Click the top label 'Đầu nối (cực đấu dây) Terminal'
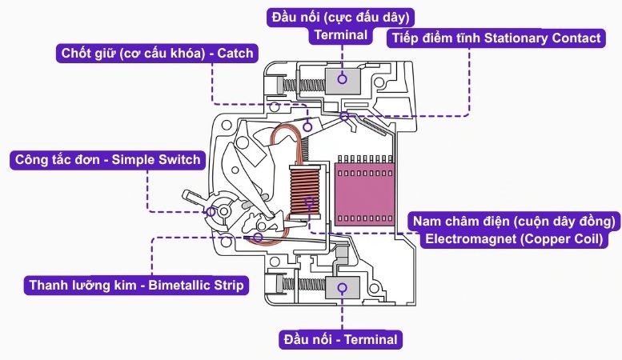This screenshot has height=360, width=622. tap(342, 26)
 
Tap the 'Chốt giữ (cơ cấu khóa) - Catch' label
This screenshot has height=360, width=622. tap(157, 54)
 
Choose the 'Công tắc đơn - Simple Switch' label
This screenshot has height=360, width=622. tap(107, 159)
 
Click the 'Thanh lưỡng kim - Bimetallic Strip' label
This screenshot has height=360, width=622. tap(135, 285)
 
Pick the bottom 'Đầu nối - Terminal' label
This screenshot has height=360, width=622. tap(339, 339)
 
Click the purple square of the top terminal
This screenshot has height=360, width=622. tap(343, 78)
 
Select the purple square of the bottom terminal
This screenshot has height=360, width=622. tap(343, 290)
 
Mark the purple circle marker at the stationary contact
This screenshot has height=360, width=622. tap(344, 118)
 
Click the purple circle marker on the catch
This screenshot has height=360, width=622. tap(308, 125)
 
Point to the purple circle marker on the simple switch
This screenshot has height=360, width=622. tap(212, 211)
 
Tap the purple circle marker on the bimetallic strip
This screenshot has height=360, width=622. tap(259, 237)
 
